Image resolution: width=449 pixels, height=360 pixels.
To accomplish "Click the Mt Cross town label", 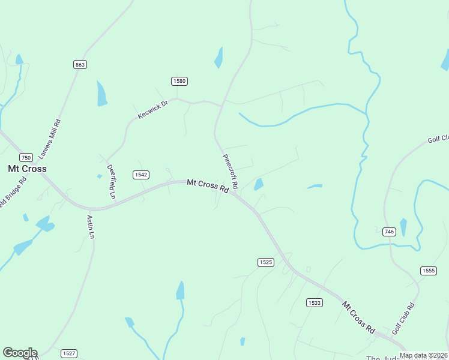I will [27, 169].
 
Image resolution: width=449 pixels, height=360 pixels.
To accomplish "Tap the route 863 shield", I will [80, 64].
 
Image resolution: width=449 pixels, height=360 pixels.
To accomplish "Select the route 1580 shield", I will [179, 81].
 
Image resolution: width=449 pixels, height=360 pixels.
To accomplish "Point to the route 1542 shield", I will [141, 175].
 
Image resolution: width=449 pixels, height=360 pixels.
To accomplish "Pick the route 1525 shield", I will [266, 262].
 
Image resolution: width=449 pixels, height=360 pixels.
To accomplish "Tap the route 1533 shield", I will [313, 302].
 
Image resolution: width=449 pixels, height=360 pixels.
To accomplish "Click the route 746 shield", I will [389, 232].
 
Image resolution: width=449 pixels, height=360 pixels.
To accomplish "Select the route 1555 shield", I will [428, 271].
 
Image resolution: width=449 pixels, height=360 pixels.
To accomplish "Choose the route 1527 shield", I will [69, 353].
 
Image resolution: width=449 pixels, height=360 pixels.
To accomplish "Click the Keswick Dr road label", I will [152, 109].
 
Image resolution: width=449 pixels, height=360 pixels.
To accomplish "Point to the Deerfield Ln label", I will [111, 181].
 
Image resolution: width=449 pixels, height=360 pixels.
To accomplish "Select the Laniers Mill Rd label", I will [50, 139].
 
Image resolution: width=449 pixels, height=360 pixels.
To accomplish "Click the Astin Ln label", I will [91, 227].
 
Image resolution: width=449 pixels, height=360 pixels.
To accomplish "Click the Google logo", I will [20, 353].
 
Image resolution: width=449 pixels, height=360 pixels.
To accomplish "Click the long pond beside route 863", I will [101, 93].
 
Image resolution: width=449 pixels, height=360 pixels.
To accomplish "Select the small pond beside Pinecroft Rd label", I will [259, 184].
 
